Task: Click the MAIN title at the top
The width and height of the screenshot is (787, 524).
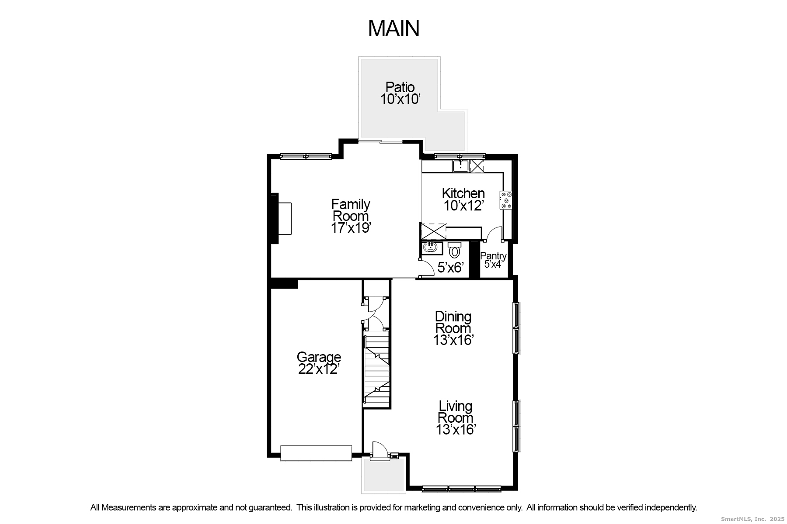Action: [393, 28]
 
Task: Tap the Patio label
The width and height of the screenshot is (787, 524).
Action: [400, 87]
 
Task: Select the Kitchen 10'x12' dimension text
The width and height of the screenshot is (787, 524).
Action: [463, 205]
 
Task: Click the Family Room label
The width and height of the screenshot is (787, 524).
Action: [351, 210]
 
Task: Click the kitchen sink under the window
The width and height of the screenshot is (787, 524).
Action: [460, 166]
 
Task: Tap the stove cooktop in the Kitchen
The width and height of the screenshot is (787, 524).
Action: [506, 200]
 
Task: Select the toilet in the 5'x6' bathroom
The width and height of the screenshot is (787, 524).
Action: [455, 250]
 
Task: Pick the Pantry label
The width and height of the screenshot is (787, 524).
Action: [493, 256]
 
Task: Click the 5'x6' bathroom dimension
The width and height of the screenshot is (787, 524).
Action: [450, 268]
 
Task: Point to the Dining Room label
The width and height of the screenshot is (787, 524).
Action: [453, 322]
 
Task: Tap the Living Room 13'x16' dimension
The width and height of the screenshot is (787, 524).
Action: [456, 430]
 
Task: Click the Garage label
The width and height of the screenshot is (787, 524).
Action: [319, 357]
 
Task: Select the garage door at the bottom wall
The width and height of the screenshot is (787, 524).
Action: [316, 453]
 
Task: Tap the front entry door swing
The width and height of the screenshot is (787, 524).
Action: [379, 450]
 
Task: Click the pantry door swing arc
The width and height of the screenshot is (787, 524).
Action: [494, 233]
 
